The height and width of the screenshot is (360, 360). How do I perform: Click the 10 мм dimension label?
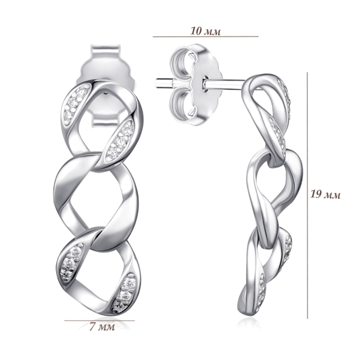205,31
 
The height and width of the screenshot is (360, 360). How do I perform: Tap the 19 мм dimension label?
326,195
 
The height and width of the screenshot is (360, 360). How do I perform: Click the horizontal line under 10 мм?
206,37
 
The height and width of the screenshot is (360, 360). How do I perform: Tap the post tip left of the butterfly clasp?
157,83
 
